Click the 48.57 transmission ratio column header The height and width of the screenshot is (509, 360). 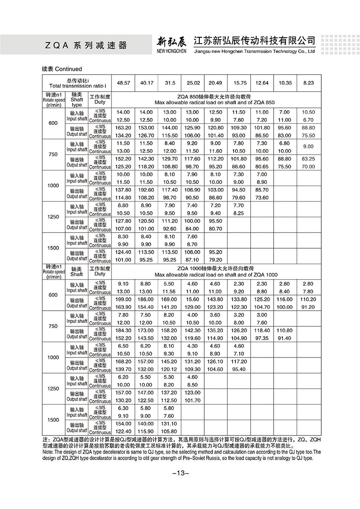[x=123, y=83]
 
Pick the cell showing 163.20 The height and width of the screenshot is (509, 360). [x=123, y=128]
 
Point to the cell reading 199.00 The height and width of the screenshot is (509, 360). [x=123, y=299]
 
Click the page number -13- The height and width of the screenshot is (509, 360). [x=180, y=473]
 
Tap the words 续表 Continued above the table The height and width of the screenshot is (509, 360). [x=62, y=69]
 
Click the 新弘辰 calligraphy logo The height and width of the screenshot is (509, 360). [x=171, y=42]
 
